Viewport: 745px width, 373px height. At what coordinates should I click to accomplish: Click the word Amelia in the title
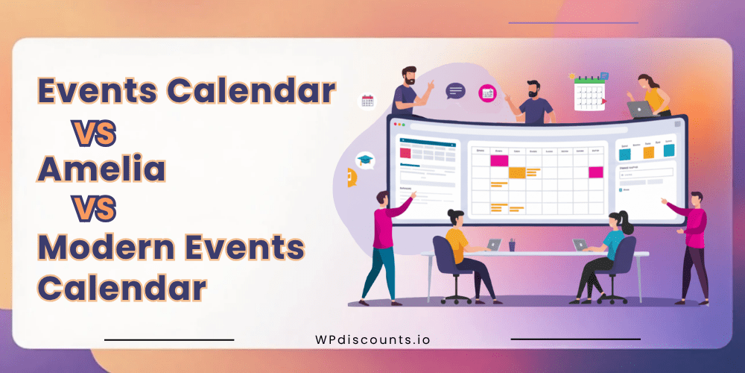(102, 171)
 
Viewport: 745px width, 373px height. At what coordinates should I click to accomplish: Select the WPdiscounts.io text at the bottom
(372, 339)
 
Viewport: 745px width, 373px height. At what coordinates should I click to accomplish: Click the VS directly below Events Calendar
(94, 132)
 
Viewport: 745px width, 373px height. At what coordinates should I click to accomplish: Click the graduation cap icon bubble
(364, 159)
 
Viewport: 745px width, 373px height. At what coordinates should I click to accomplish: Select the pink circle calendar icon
(487, 93)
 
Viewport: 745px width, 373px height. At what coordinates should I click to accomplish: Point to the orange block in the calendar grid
(516, 172)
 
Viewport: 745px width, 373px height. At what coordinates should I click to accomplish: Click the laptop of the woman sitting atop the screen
(639, 110)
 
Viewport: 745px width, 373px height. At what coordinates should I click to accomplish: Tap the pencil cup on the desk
(512, 245)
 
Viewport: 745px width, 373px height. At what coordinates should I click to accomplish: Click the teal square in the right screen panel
(624, 153)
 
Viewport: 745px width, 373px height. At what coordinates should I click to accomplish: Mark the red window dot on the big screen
(394, 124)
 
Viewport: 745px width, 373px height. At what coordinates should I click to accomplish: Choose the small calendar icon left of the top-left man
(367, 101)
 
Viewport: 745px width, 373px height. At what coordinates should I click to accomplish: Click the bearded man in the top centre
(534, 101)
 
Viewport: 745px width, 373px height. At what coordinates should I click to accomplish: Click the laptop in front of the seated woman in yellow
(493, 245)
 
